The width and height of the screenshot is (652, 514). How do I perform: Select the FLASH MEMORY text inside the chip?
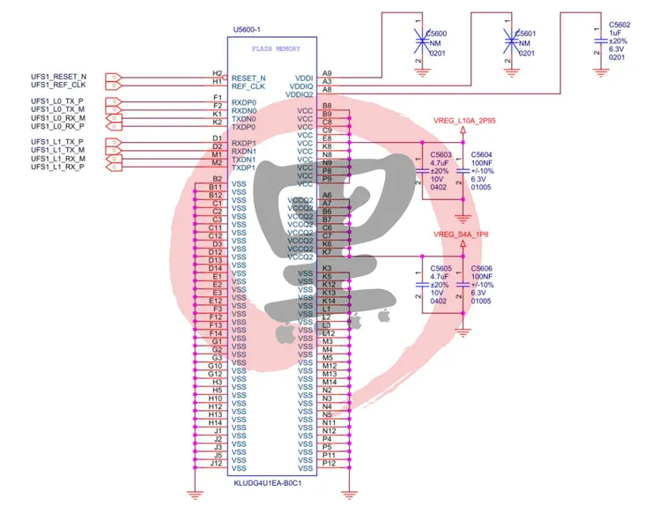pos(276,49)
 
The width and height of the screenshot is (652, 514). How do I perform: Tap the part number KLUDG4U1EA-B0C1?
pos(269,484)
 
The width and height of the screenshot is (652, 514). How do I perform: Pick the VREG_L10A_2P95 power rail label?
pos(465,120)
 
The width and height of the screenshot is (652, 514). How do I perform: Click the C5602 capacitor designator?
pos(620,26)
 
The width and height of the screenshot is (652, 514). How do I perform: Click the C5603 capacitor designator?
pos(441,154)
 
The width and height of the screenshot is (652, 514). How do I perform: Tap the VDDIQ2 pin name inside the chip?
pos(300,94)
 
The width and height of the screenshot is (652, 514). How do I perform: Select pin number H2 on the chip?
pos(217,73)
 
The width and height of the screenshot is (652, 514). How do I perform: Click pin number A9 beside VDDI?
pos(327,73)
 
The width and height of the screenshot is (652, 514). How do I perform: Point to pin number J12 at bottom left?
pos(216,463)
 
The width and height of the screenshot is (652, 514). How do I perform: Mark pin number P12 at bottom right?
pos(329,463)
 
